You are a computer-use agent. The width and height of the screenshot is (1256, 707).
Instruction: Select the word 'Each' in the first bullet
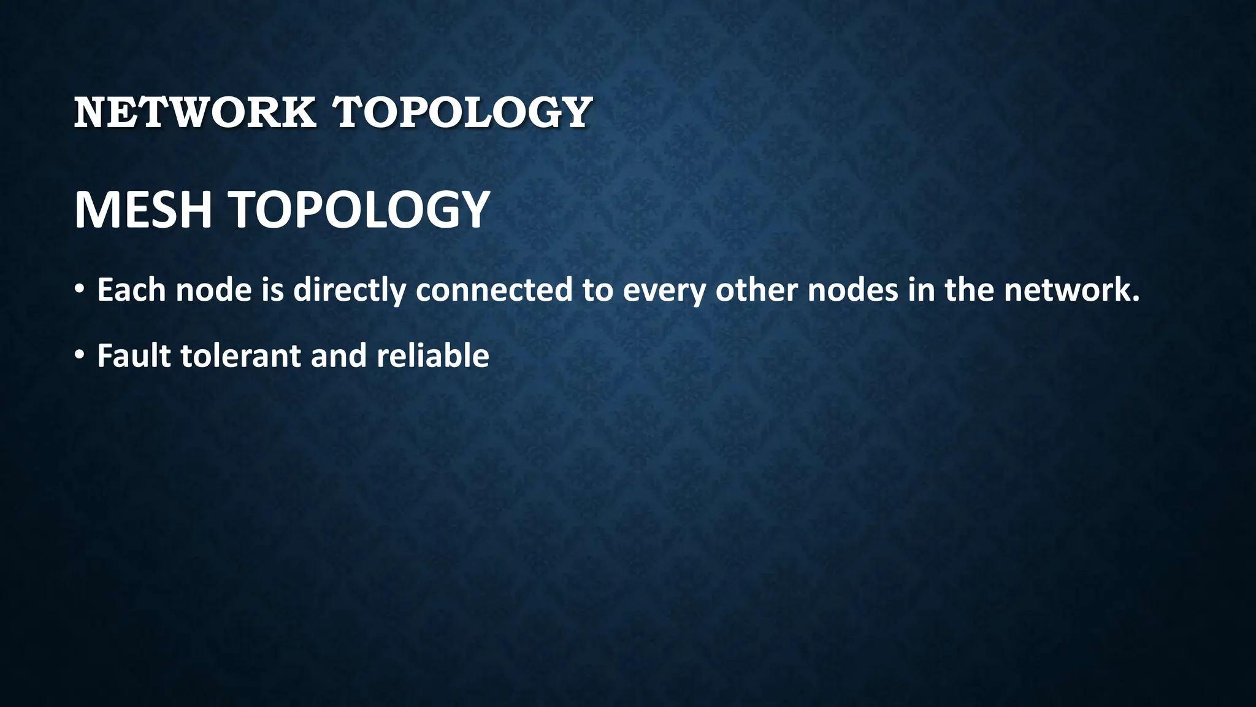tap(131, 290)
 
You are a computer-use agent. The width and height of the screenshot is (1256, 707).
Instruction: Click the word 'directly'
tap(349, 290)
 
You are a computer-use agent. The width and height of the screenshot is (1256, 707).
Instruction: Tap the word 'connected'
tap(494, 290)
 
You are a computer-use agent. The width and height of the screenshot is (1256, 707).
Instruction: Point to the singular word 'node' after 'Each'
tap(213, 290)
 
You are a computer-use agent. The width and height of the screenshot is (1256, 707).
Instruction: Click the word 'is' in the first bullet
tap(272, 290)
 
